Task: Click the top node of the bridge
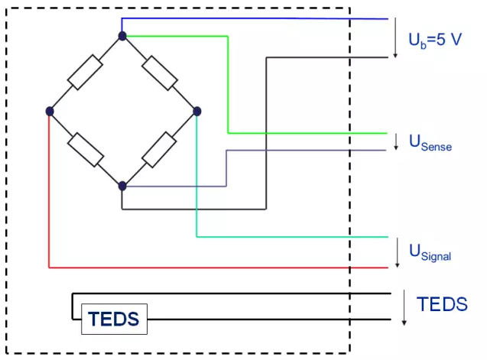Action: [122, 35]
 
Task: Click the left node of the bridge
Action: [49, 111]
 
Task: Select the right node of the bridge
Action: [196, 111]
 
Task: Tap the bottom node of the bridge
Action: [122, 185]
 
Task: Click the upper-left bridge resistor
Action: [86, 73]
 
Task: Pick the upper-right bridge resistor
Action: [159, 73]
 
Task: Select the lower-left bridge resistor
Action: [86, 148]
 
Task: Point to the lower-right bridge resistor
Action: [159, 148]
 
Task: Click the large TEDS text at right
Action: [442, 303]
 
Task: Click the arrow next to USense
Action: [396, 141]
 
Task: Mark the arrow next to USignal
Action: [396, 252]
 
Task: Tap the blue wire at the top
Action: [252, 18]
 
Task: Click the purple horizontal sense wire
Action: [306, 150]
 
